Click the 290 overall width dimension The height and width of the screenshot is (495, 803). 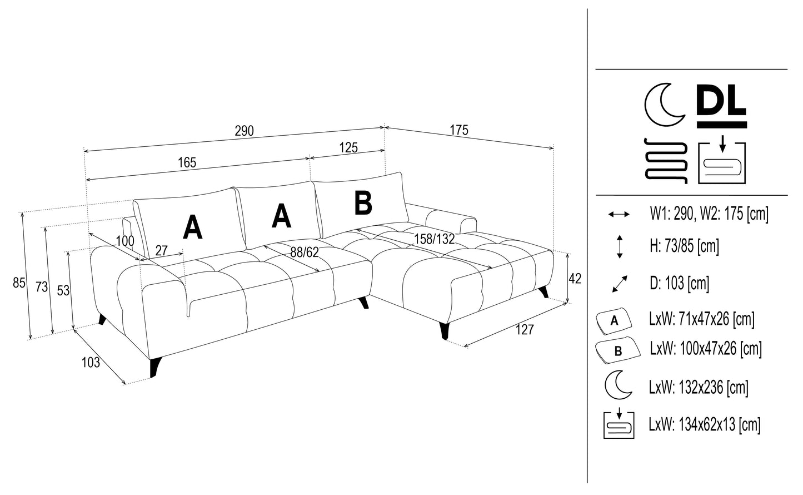click(x=244, y=131)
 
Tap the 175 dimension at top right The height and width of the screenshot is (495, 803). click(x=459, y=130)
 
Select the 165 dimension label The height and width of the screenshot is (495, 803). click(x=187, y=162)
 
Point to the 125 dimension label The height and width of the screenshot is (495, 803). click(x=348, y=147)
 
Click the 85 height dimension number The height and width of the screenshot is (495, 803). click(x=19, y=283)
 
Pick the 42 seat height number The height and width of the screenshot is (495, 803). click(x=575, y=278)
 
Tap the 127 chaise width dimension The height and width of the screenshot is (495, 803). click(x=525, y=330)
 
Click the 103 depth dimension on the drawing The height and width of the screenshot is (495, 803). click(x=91, y=362)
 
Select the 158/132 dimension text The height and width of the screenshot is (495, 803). click(x=435, y=239)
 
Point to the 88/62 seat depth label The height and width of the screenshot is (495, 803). click(x=305, y=252)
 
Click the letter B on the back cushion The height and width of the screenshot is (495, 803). click(x=363, y=203)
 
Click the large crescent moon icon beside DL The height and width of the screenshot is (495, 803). click(x=664, y=105)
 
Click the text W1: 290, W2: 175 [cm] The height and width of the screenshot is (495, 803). click(x=709, y=214)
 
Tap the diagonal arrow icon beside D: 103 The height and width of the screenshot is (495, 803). click(x=619, y=284)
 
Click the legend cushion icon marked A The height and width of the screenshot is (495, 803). click(x=614, y=320)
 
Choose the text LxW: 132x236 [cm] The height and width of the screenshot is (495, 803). click(x=699, y=387)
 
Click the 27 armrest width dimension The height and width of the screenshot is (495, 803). click(x=161, y=250)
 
